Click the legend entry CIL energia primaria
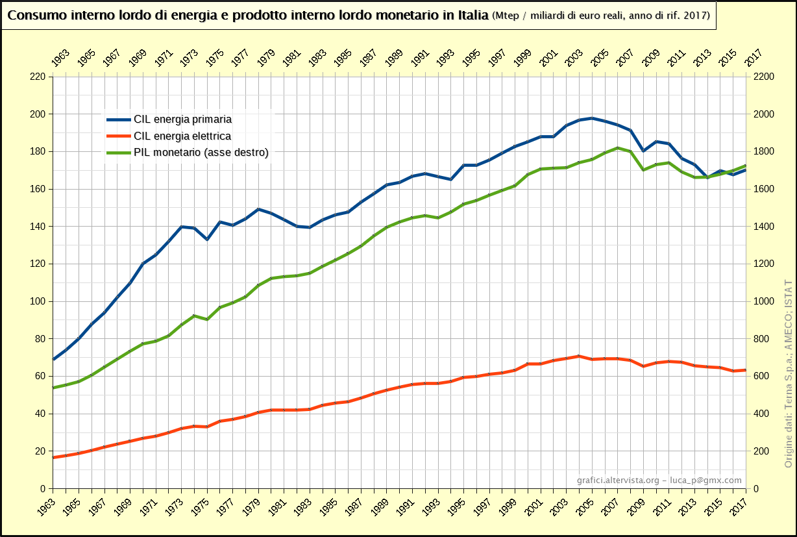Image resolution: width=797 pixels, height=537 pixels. pos(182,119)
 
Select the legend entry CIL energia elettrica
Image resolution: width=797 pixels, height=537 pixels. pos(182,136)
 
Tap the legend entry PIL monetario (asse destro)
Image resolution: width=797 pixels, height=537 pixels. pos(201,153)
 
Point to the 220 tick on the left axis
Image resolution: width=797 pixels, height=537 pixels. pos(37,77)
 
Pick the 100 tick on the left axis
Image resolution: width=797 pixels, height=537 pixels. pos(37,301)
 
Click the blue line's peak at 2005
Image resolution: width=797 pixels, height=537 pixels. pos(592,118)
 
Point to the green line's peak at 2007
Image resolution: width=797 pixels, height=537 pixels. pos(618,148)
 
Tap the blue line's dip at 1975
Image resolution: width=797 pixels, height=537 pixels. pos(206,240)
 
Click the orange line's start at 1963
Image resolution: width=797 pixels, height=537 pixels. pos(53,457)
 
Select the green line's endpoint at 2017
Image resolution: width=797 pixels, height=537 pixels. pos(746,166)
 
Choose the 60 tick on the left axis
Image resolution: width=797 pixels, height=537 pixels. pos(39,376)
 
